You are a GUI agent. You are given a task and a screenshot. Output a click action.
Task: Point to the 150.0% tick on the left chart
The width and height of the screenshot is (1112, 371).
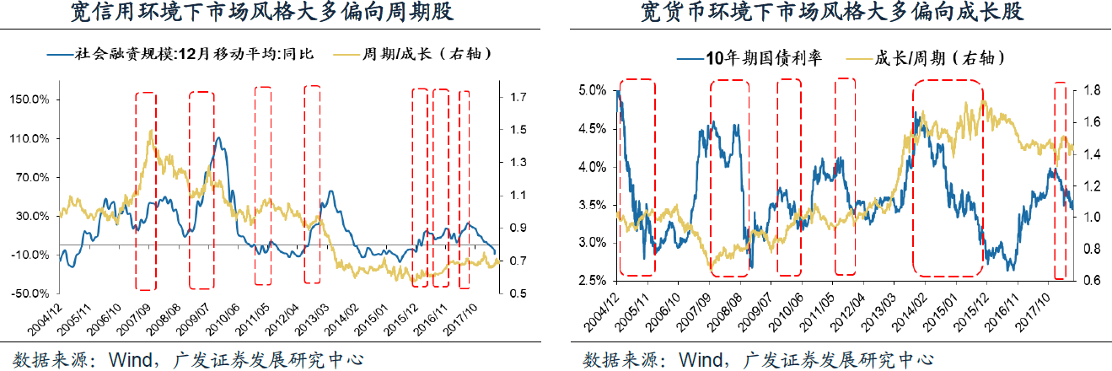(29, 99)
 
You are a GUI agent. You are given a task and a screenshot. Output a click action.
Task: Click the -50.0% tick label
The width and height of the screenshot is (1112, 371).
(29, 293)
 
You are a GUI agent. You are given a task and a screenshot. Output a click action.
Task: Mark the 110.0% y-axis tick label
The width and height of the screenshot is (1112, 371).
(29, 138)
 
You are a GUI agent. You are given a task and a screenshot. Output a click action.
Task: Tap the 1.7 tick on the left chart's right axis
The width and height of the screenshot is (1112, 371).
(518, 98)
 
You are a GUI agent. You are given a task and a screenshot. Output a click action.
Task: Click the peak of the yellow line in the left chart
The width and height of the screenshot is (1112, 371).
(151, 131)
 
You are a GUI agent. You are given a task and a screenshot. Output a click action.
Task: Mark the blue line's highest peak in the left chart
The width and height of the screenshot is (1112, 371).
(219, 137)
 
